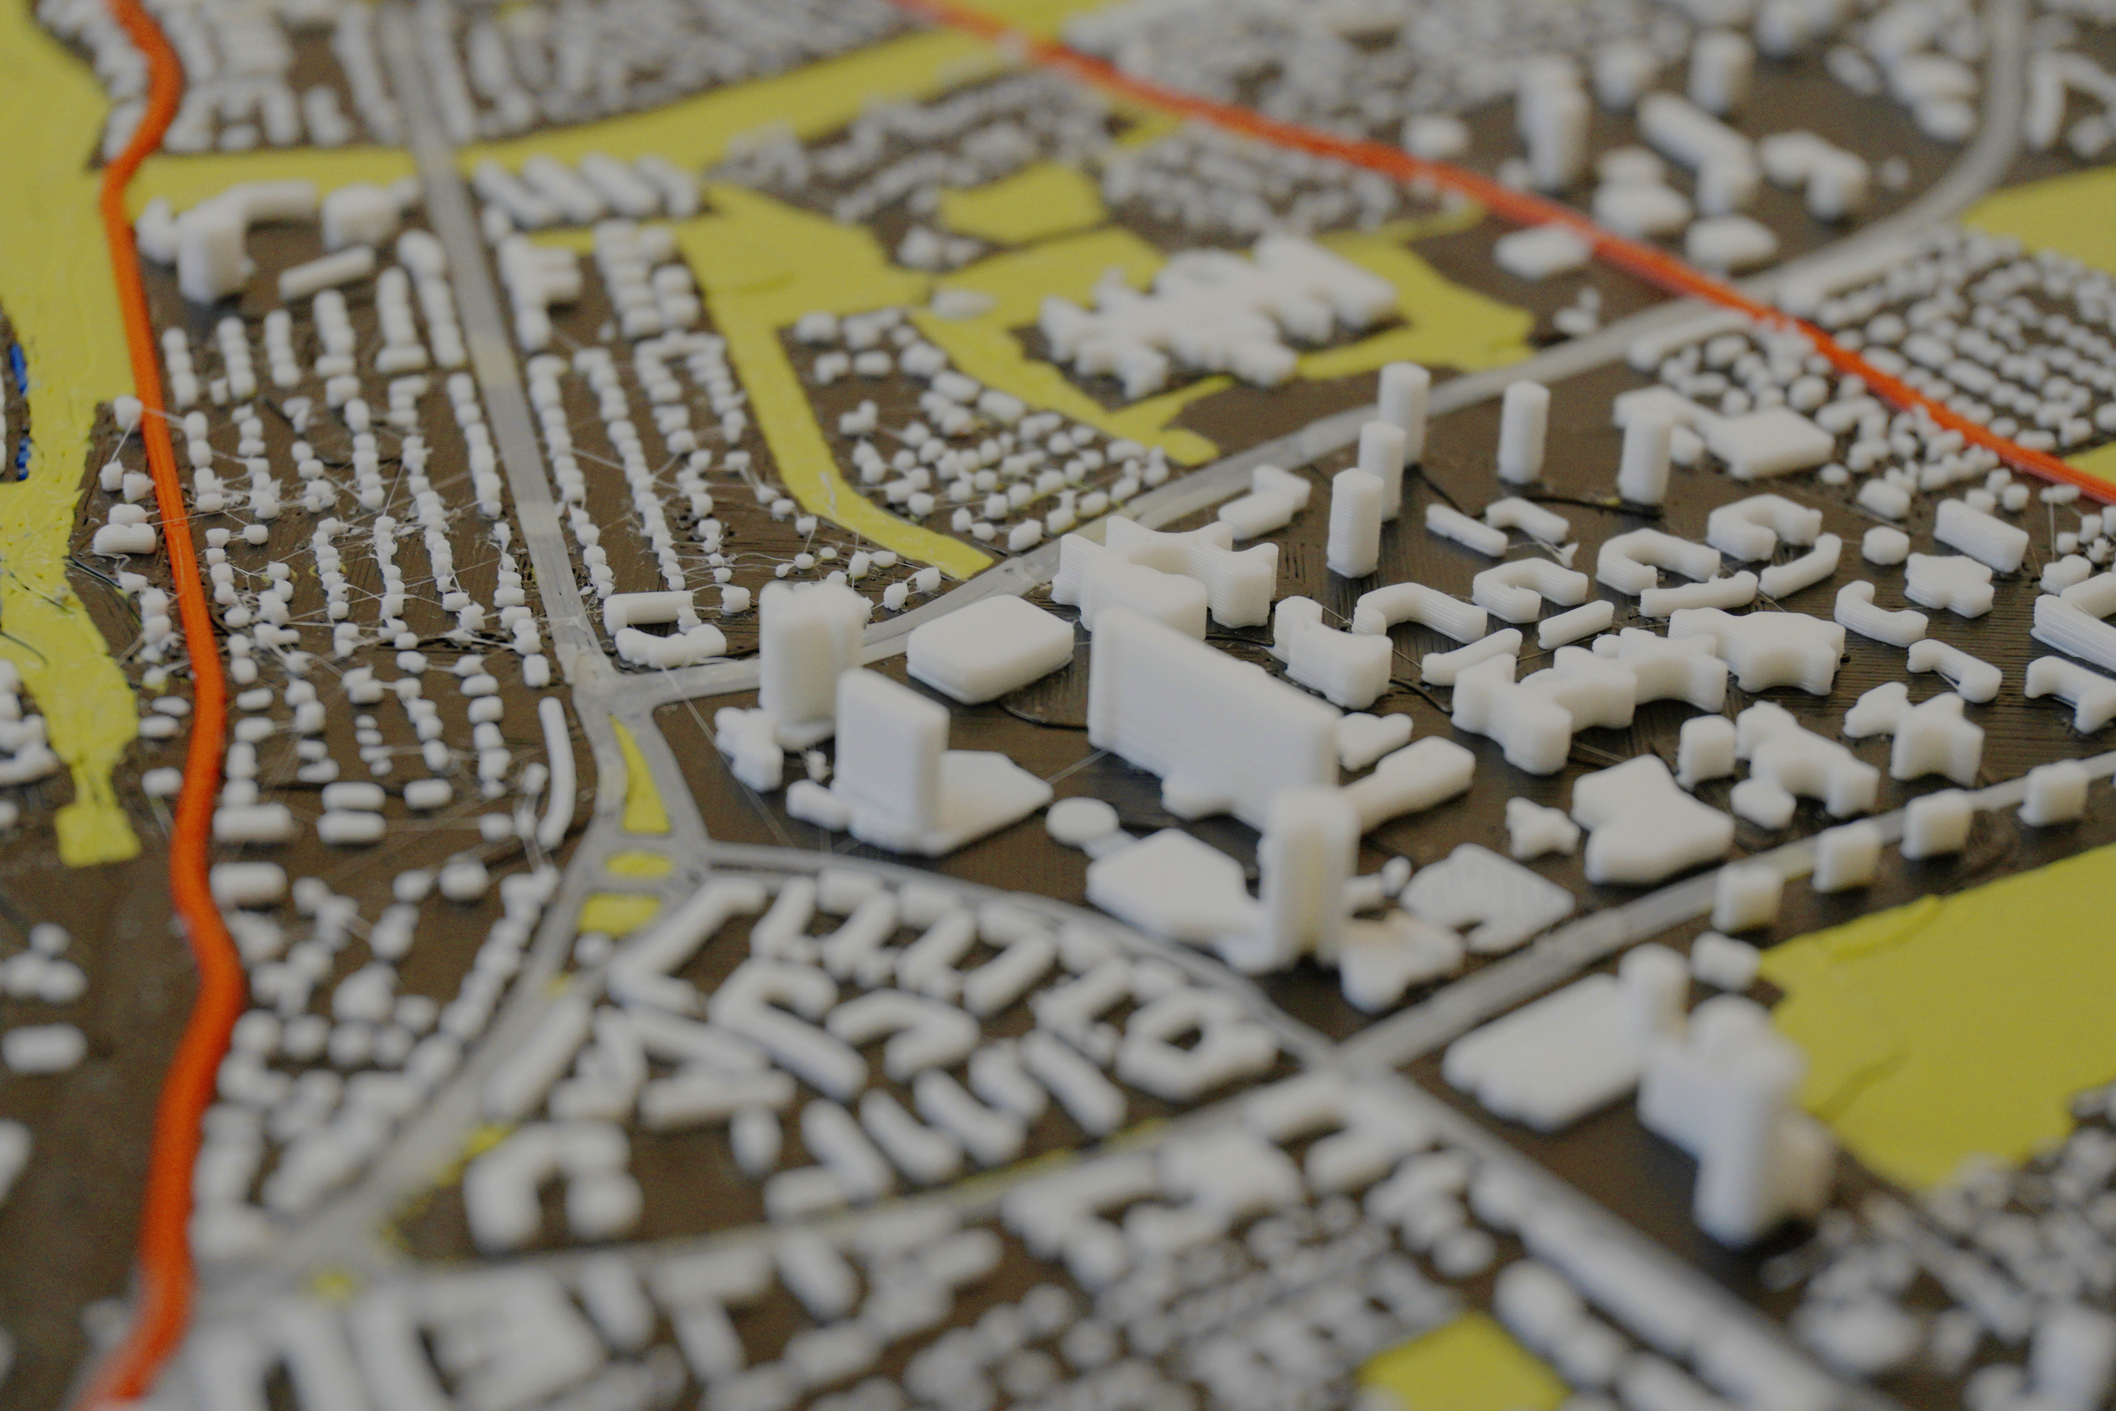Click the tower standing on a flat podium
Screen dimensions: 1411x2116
point(891,747)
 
